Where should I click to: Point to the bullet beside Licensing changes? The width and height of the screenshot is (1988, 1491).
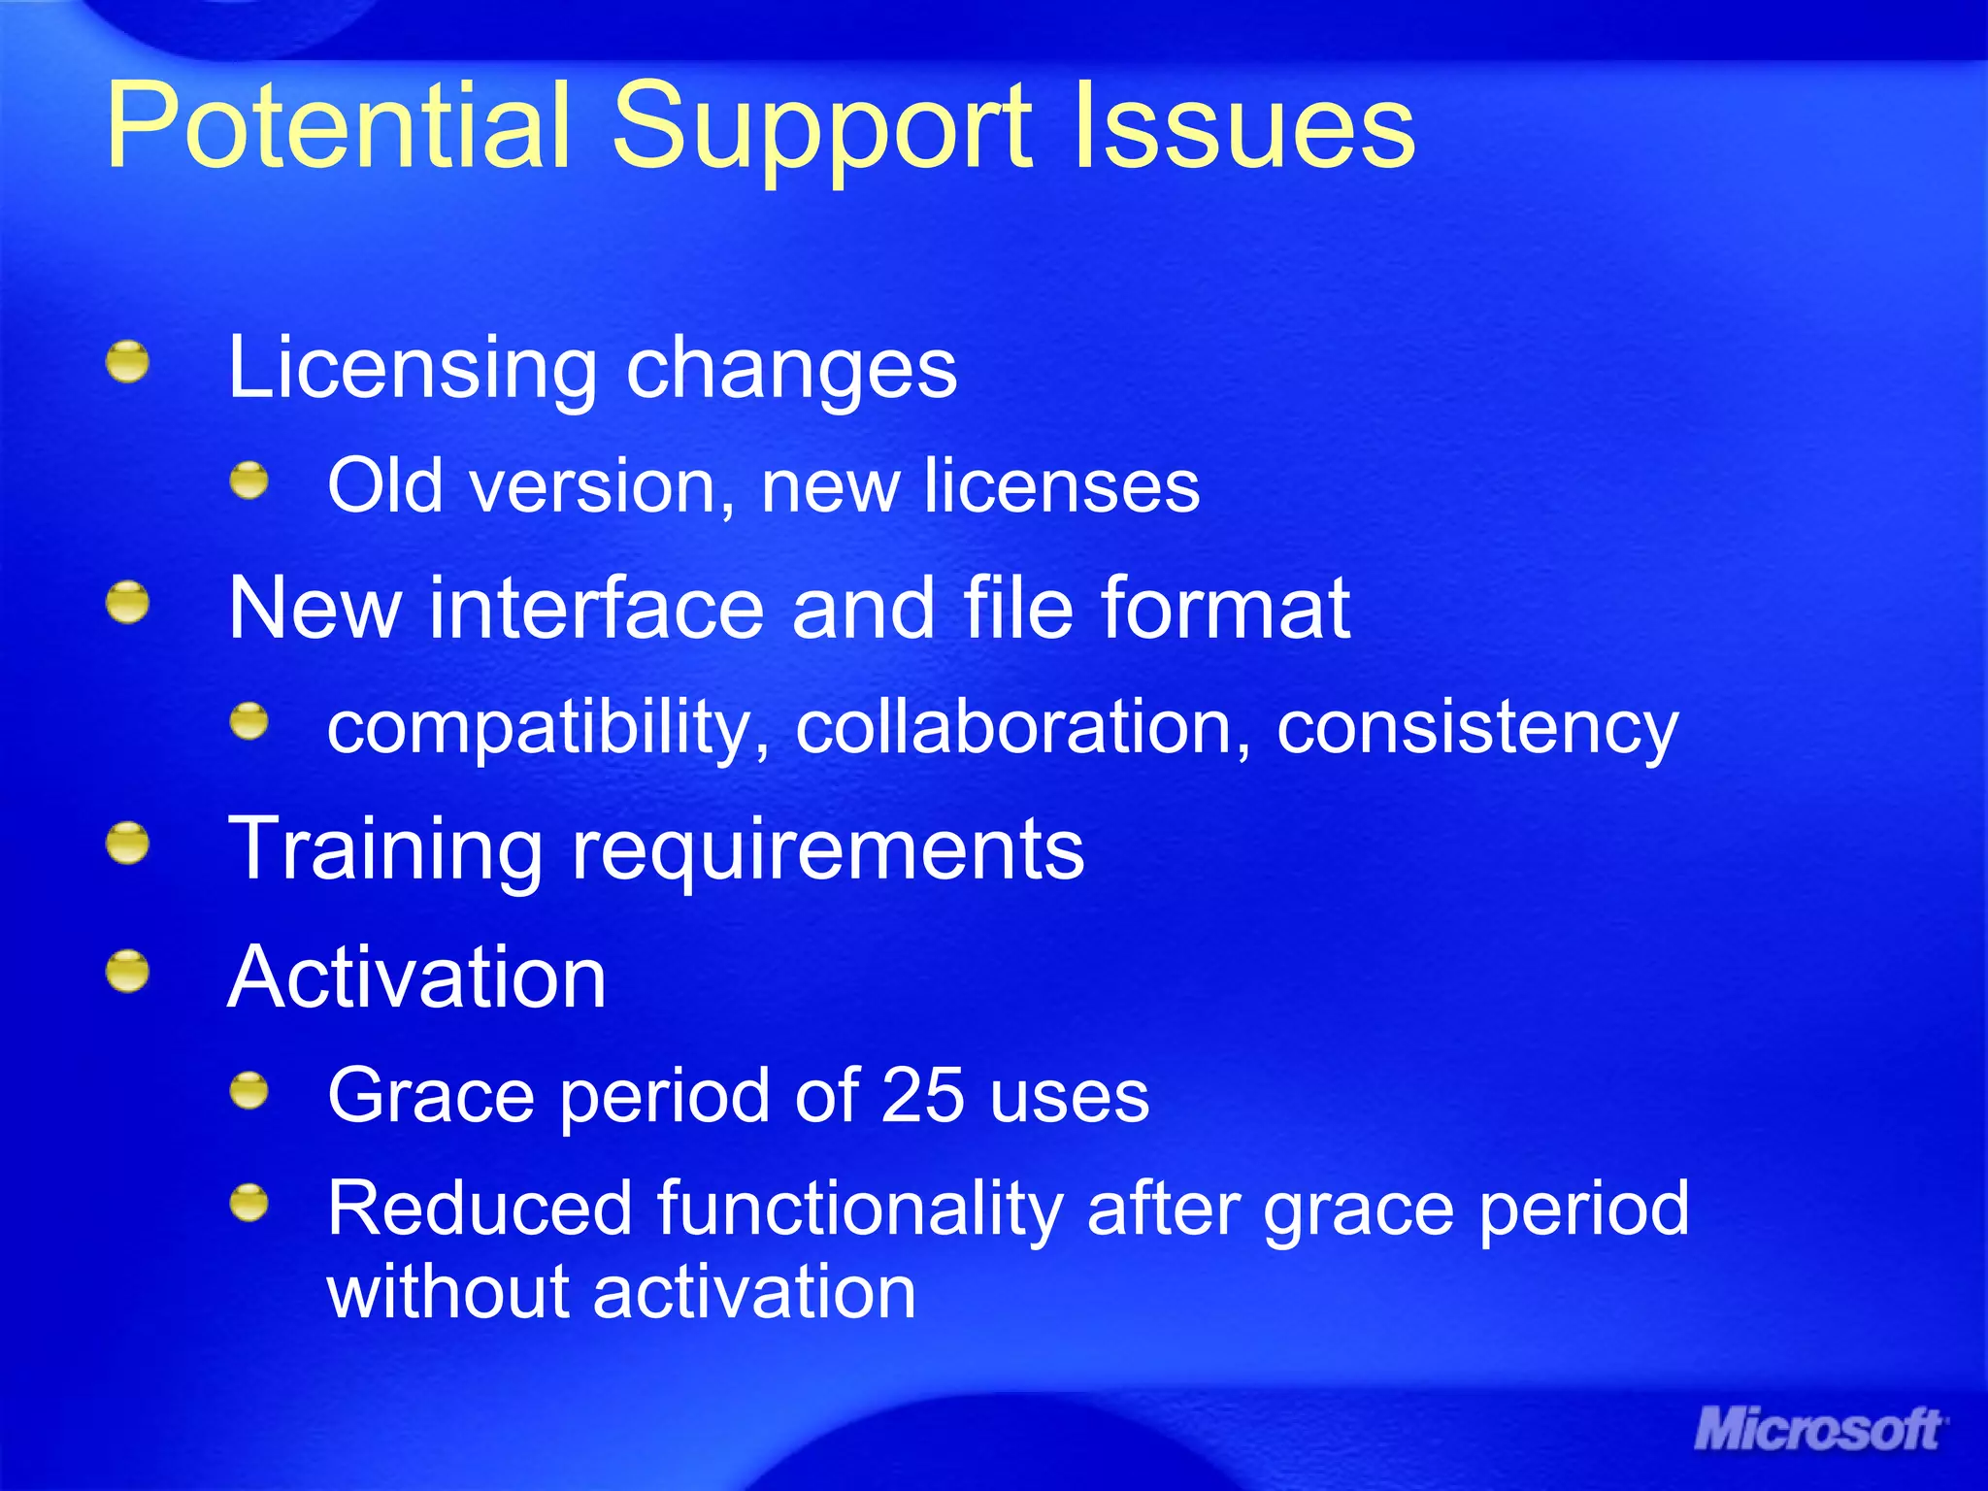coord(128,362)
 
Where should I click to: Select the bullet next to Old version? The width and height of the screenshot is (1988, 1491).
coord(249,480)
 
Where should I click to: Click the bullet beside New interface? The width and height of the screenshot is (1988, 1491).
coord(128,603)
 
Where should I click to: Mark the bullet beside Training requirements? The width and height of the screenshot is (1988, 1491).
coord(128,843)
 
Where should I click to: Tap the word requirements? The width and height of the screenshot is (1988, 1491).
coord(827,851)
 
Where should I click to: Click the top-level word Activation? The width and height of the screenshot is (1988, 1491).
coord(417,977)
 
